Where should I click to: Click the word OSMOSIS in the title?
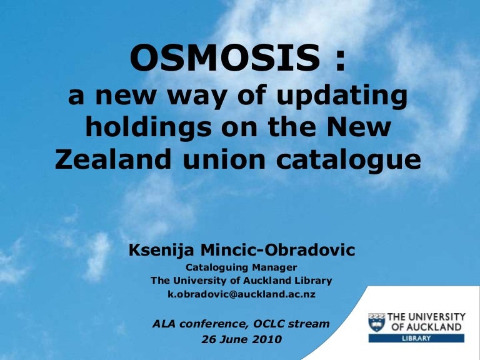[225, 57]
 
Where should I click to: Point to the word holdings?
[149, 127]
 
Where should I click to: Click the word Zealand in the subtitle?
[113, 159]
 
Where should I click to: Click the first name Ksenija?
[161, 250]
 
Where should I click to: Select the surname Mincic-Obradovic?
[277, 250]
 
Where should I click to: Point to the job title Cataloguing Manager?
[241, 267]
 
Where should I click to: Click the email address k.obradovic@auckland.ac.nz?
[241, 294]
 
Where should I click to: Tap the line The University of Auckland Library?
[241, 281]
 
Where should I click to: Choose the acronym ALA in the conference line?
[164, 324]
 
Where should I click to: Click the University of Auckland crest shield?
[376, 322]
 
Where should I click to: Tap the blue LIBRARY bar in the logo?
[416, 338]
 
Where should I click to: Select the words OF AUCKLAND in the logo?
[426, 327]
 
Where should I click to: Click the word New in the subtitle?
[359, 127]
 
